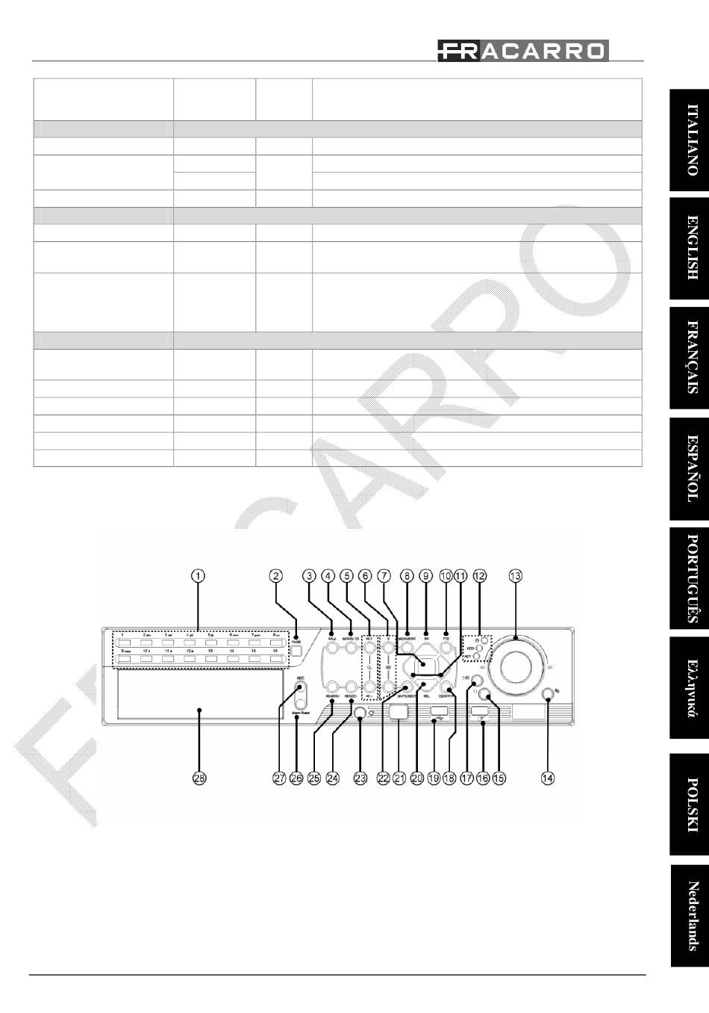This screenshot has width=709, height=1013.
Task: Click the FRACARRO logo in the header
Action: pos(522,51)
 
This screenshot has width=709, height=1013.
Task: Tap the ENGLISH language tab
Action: pos(689,247)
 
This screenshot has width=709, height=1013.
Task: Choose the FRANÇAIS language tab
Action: pos(689,358)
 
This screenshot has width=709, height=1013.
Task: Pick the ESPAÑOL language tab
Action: pos(689,468)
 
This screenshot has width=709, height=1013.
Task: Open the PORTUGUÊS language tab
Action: pos(689,578)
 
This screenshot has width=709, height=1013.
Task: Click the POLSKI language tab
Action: pos(689,804)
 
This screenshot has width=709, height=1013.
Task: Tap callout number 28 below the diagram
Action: pos(199,778)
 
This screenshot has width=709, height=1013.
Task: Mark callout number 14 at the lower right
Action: pos(548,778)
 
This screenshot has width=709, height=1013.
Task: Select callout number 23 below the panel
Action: pos(360,778)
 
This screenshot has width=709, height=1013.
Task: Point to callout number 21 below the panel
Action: pos(399,778)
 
